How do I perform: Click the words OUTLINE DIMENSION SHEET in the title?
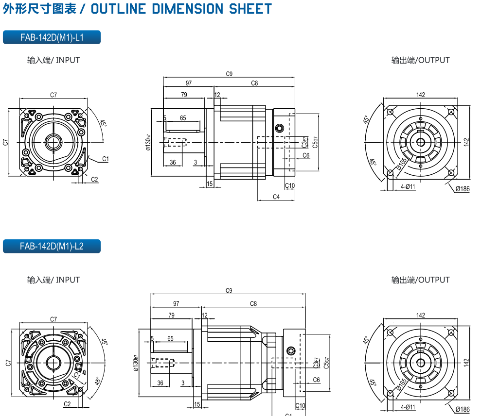181,9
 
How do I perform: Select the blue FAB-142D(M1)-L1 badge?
52,37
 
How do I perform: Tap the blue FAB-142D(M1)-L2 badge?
52,246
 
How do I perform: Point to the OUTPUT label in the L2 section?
434,280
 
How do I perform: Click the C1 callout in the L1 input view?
106,159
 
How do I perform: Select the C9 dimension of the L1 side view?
229,74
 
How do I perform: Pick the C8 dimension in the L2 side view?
253,304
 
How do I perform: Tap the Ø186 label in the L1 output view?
463,189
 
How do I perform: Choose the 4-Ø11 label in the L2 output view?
408,407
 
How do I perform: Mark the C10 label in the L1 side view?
290,185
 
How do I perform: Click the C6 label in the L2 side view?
316,380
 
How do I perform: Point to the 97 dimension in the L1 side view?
188,83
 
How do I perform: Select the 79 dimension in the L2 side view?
171,315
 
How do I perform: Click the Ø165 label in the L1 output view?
402,164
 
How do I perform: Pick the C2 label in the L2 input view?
67,404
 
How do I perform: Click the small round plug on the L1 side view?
279,128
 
